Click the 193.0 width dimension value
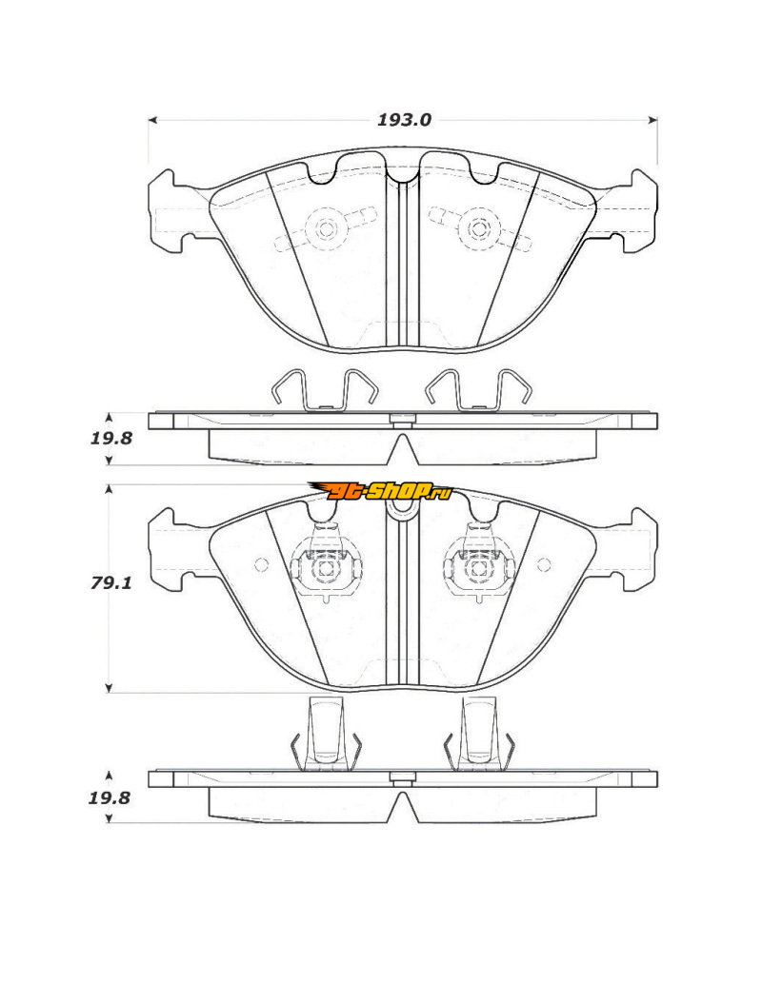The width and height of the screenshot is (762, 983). (x=404, y=120)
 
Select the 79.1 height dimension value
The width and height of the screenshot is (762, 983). (x=111, y=583)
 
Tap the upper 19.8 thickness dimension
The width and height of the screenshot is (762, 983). (x=111, y=439)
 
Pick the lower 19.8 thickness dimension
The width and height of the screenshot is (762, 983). (x=110, y=798)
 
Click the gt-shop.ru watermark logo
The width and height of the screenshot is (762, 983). (x=380, y=491)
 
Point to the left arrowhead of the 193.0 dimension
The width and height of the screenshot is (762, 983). (x=151, y=120)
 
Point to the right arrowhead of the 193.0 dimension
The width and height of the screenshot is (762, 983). (x=653, y=120)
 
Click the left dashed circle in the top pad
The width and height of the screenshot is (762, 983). (x=326, y=228)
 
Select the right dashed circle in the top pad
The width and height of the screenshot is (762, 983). (x=479, y=228)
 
